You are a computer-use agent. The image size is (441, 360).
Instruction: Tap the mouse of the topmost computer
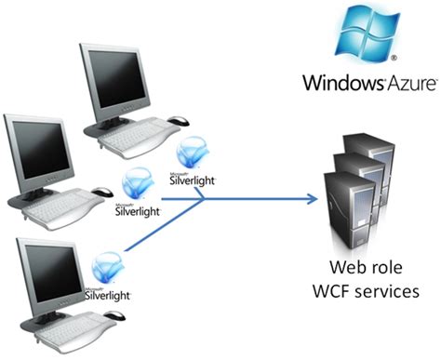pyautogui.click(x=178, y=120)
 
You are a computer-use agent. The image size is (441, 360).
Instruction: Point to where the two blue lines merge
pyautogui.click(x=204, y=198)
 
